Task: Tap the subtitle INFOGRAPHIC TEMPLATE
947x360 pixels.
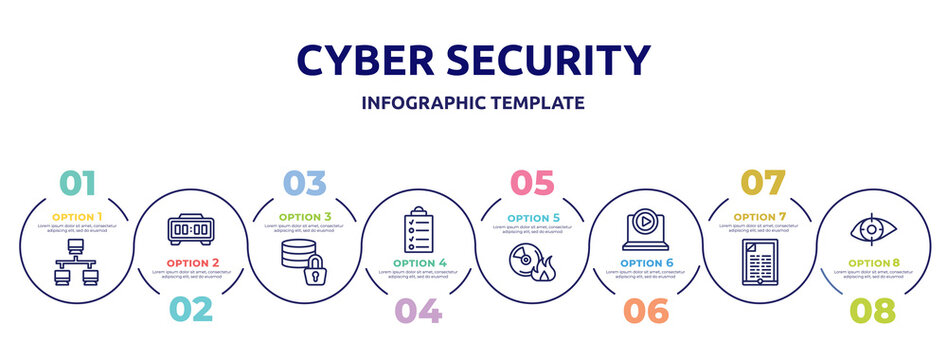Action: tap(472, 103)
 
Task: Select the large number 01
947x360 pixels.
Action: tap(79, 183)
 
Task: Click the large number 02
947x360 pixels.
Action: tap(190, 309)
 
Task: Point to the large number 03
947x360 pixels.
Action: tap(304, 183)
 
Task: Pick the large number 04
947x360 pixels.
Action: tap(418, 311)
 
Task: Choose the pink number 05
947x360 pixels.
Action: tap(532, 183)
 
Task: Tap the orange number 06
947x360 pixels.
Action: tap(645, 311)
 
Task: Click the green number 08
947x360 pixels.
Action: tap(872, 311)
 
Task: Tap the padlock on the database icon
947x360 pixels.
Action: tap(315, 270)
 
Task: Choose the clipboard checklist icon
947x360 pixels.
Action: tap(418, 231)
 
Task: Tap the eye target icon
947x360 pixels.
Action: tap(872, 229)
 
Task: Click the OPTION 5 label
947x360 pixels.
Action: tap(532, 216)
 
